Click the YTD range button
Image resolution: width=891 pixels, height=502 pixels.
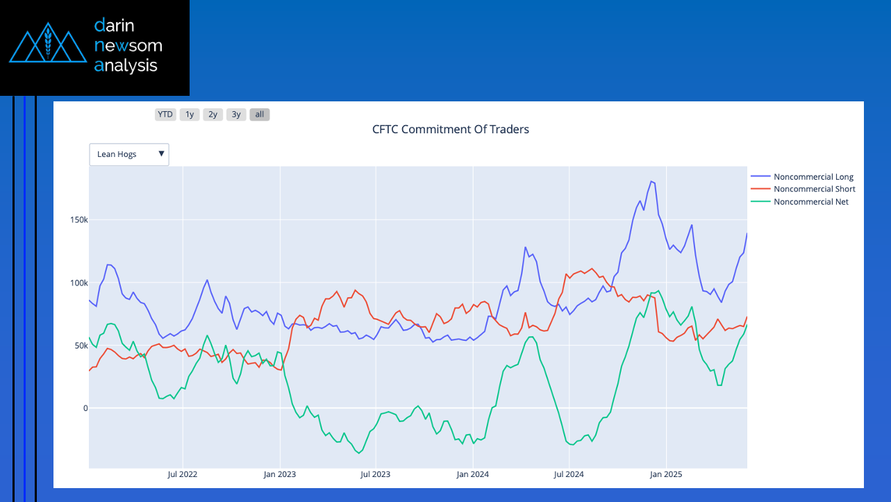[x=165, y=115]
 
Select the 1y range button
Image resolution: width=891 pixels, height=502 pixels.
[x=190, y=115]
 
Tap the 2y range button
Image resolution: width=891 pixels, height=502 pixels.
[x=213, y=115]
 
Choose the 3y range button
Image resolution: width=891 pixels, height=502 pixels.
[x=237, y=115]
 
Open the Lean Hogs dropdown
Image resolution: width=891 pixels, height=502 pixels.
[x=129, y=154]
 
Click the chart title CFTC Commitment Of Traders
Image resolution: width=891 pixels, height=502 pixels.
[x=450, y=129]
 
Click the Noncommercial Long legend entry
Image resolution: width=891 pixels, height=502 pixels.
[x=813, y=177]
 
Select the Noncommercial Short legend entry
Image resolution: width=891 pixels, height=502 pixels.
[x=814, y=190]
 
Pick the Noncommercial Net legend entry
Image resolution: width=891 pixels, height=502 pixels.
[x=810, y=202]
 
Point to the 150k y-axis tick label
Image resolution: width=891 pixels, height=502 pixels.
[x=78, y=220]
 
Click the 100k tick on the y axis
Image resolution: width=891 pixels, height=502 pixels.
[x=78, y=283]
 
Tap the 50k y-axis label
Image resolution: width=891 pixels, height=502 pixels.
[x=80, y=346]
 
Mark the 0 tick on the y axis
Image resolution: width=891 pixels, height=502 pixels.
[x=85, y=408]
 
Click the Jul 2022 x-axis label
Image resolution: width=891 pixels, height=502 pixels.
[x=183, y=475]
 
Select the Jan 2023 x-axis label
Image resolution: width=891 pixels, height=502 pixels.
[x=279, y=475]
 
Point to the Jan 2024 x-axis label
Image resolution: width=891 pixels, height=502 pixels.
[x=472, y=475]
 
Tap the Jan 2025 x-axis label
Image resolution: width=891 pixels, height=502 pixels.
[x=665, y=475]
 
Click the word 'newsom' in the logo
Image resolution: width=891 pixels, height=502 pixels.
[x=128, y=46]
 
